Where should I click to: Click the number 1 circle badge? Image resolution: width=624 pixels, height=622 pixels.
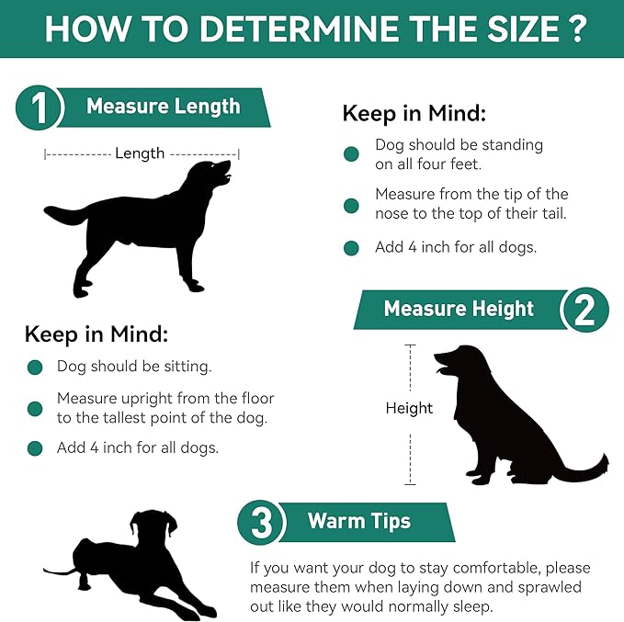coord(39,109)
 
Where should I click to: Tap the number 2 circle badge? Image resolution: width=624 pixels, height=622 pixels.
coord(584,309)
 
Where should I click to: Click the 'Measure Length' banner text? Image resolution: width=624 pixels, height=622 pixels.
coord(163,107)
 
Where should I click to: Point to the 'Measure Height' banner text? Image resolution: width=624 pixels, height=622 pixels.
coord(459,309)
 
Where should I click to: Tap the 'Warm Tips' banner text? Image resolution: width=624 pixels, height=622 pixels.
coord(359,522)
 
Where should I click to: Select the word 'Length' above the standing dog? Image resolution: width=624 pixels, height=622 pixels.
coord(140,153)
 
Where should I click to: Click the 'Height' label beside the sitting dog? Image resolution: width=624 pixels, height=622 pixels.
coord(409,408)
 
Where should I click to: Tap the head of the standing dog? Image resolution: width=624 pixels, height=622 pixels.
coord(214,174)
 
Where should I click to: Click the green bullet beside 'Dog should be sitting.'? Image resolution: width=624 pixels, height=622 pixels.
coord(35,368)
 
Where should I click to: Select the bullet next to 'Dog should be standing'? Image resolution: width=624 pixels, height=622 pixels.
coord(351,154)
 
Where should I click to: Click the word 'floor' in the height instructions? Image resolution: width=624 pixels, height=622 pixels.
coord(255,399)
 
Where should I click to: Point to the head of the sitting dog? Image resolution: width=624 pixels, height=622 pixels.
coord(459,362)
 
